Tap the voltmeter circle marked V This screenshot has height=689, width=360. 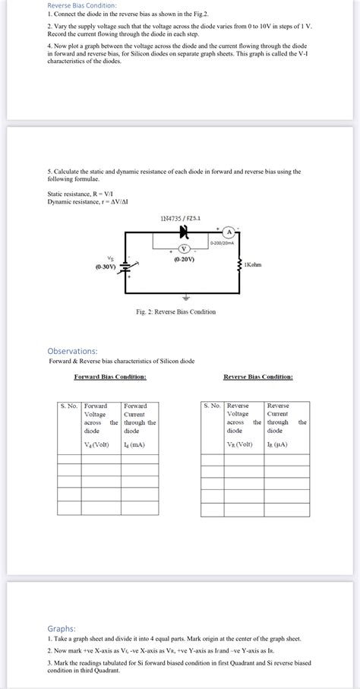point(183,248)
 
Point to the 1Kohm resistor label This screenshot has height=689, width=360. point(253,264)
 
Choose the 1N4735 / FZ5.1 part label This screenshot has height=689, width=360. point(180,219)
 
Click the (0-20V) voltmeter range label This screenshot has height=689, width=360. point(183,259)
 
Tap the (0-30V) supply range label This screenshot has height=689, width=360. point(106,267)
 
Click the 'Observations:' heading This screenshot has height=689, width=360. point(72,351)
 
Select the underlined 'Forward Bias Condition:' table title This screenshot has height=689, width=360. point(110,377)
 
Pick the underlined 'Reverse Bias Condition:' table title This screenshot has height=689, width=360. point(257,377)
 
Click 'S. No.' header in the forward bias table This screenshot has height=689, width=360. point(69,406)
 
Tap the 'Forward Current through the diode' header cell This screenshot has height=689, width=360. point(139,418)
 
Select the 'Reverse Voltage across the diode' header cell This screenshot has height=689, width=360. point(243,418)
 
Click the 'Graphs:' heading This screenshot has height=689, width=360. point(61,628)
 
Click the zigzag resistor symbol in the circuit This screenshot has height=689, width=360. point(239,266)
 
